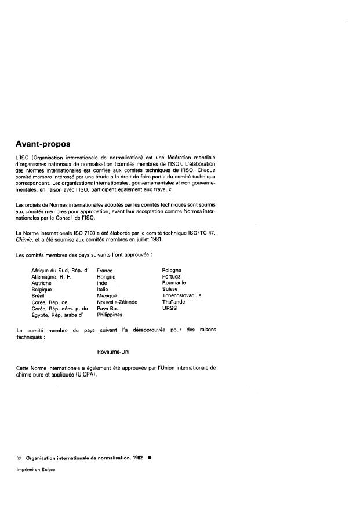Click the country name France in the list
pyautogui.click(x=105, y=271)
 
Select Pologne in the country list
pyautogui.click(x=172, y=271)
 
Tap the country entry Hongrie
pyautogui.click(x=107, y=277)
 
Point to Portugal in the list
pyautogui.click(x=173, y=277)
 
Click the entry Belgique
pyautogui.click(x=42, y=290)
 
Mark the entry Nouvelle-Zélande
pyautogui.click(x=116, y=302)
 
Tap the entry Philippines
pyautogui.click(x=110, y=315)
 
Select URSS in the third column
pyautogui.click(x=169, y=309)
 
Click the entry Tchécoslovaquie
pyautogui.click(x=182, y=296)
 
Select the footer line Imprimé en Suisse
pyautogui.click(x=36, y=470)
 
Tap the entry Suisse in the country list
pyautogui.click(x=170, y=290)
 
